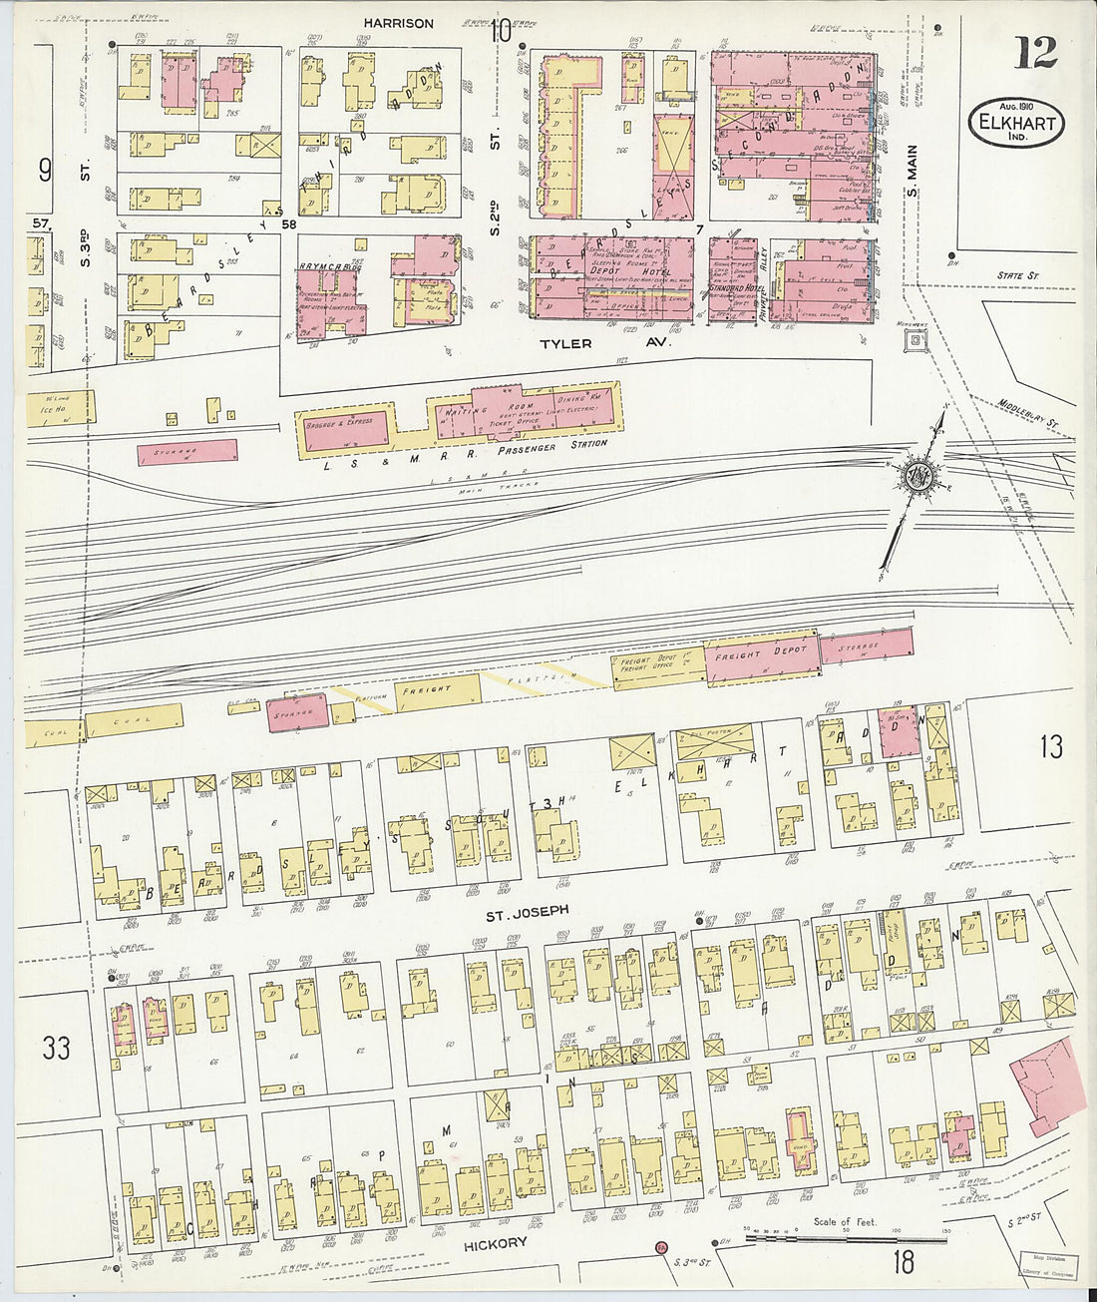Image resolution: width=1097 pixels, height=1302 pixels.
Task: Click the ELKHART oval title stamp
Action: point(1015,124)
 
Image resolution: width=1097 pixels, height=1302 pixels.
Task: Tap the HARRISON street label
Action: point(398,23)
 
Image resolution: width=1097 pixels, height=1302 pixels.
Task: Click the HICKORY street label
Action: point(495,1244)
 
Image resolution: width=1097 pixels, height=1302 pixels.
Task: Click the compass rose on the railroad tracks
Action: point(914,478)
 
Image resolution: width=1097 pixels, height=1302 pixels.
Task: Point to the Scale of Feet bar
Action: point(846,1237)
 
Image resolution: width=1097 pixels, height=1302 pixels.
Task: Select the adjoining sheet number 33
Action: point(57,1048)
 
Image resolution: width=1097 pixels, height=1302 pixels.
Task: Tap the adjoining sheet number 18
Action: point(903,1263)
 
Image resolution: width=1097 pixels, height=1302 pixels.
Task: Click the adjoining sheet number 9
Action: point(45,171)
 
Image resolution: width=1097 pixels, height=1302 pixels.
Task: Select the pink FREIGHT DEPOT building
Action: point(763,654)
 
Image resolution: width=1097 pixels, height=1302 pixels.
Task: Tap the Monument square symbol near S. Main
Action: point(914,342)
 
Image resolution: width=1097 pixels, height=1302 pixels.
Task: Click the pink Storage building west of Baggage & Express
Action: point(187,451)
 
